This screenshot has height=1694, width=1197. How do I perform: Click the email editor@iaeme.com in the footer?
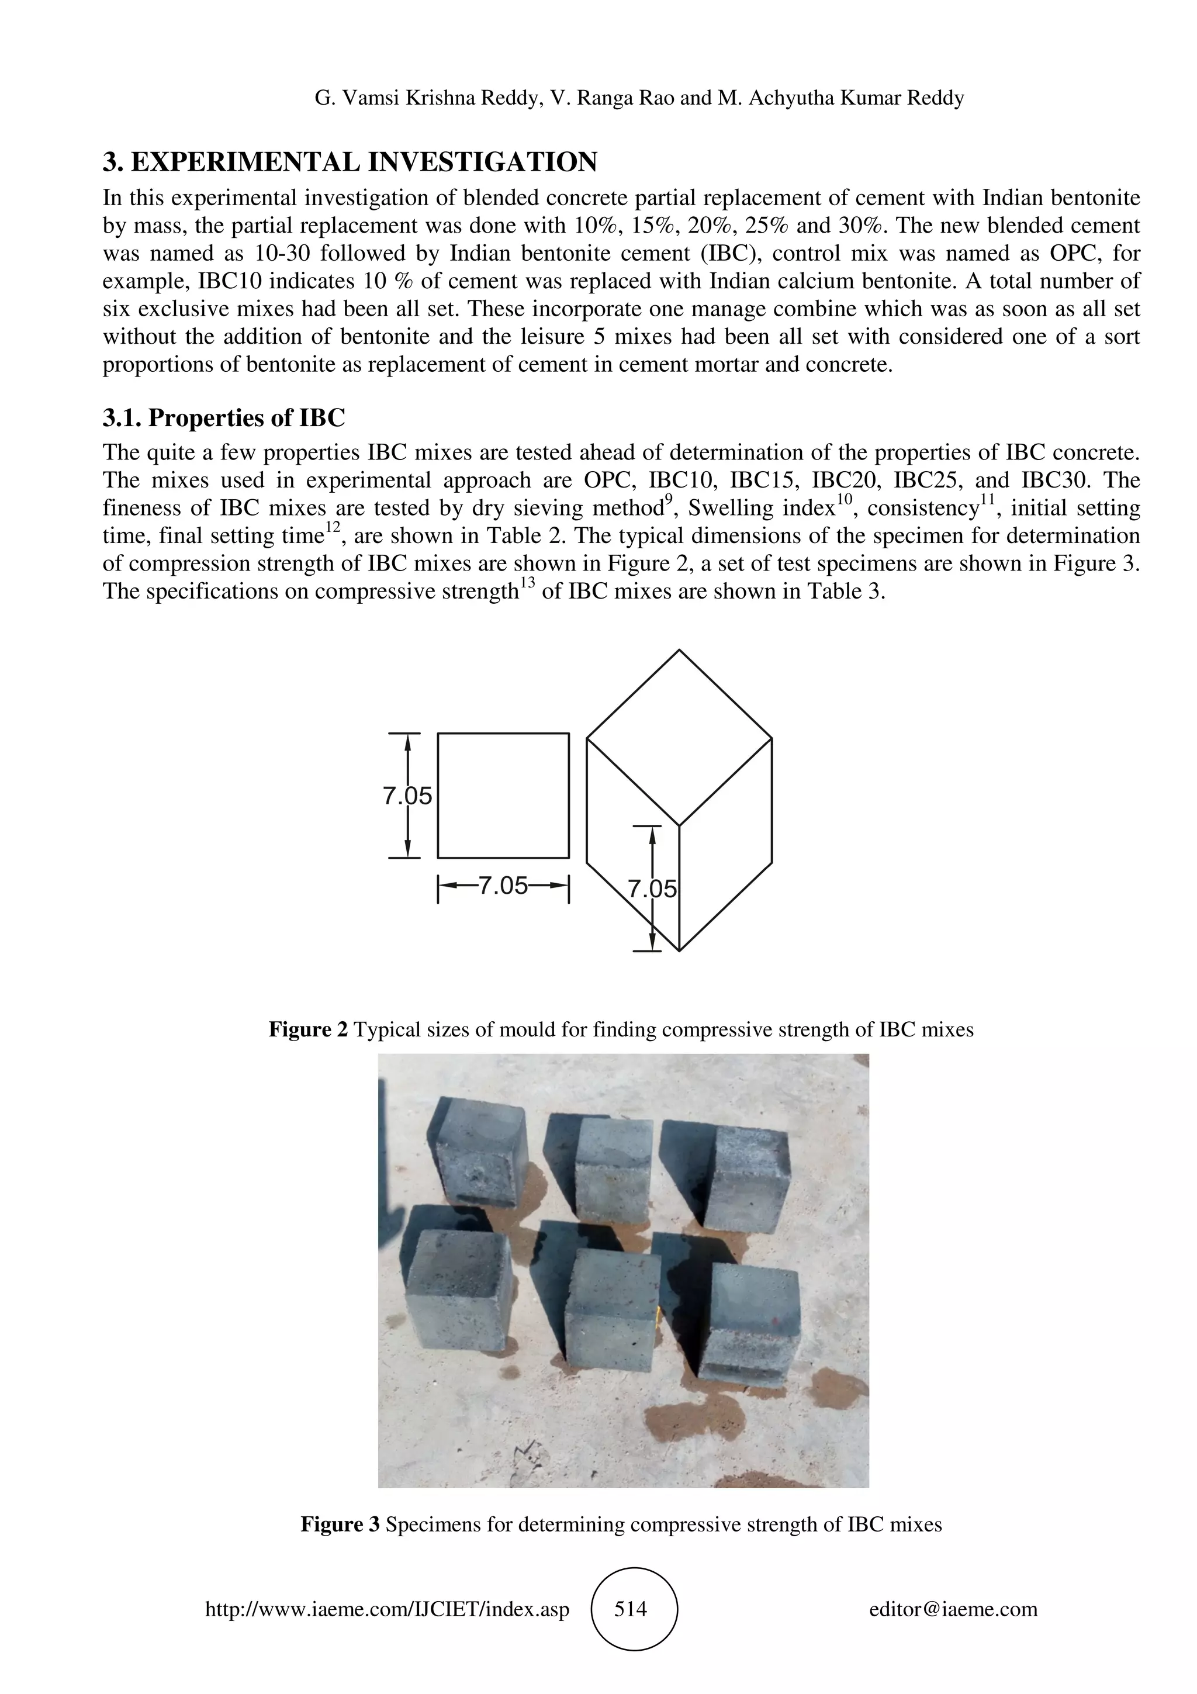953,1609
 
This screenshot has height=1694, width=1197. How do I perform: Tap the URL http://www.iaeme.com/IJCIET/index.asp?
387,1609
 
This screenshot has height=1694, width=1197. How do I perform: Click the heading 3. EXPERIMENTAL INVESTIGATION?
350,161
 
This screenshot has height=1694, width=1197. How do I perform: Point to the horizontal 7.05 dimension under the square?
504,886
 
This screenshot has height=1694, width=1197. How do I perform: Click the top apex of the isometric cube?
679,651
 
